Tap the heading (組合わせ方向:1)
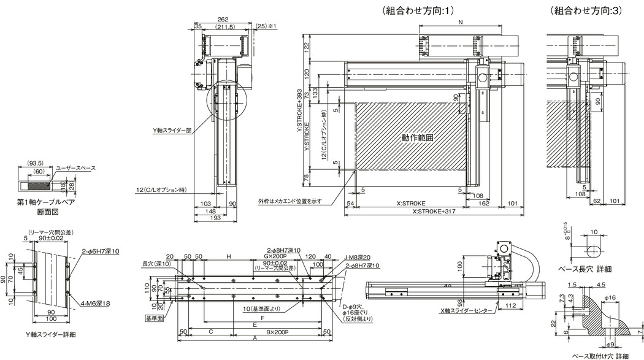[417, 10]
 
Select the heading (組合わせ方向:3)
[585, 10]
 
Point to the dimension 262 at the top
[223, 18]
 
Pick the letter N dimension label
[460, 22]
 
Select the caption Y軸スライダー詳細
[47, 334]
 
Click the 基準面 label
[154, 319]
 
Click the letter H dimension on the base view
[228, 255]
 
